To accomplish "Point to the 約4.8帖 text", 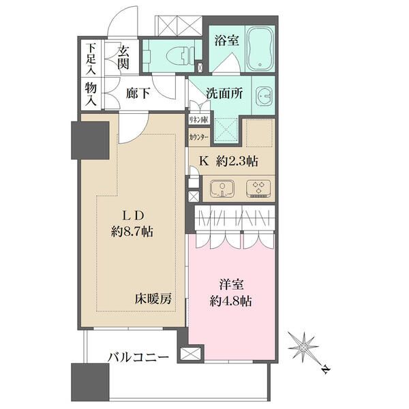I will pyautogui.click(x=230, y=301).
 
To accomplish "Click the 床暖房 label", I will pyautogui.click(x=151, y=298).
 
